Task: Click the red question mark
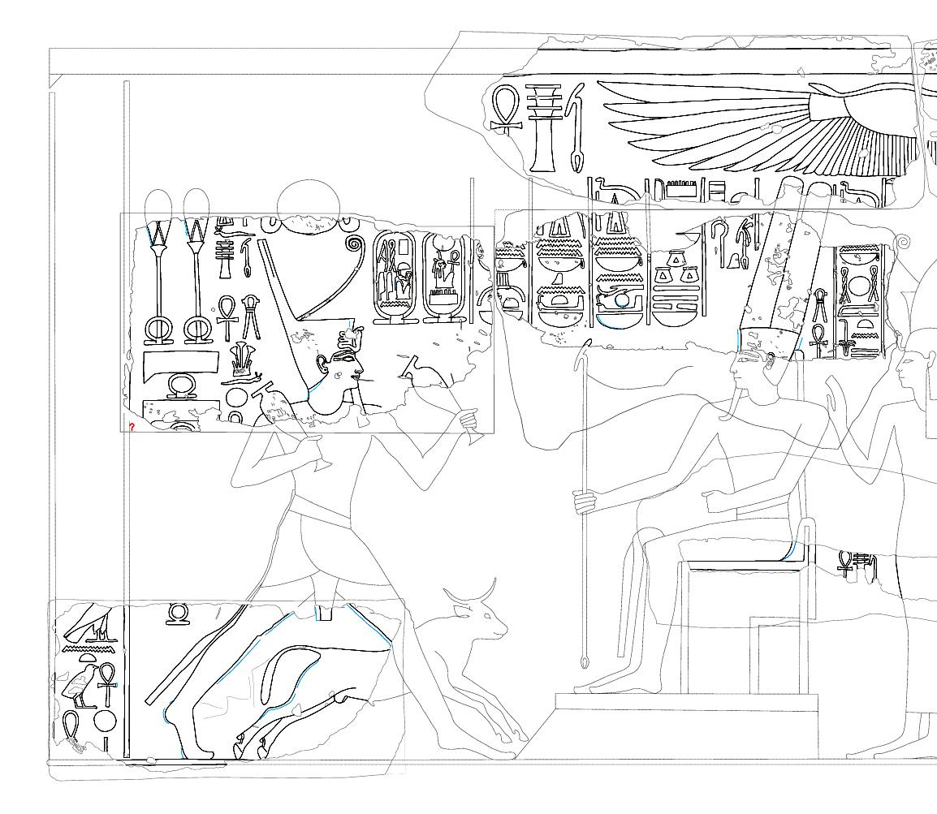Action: [x=132, y=427]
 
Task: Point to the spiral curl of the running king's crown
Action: [x=354, y=243]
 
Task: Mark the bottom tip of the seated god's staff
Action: [x=585, y=665]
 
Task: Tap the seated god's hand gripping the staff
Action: [x=584, y=501]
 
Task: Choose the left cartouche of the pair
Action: [x=393, y=278]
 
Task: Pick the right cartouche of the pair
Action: [x=443, y=278]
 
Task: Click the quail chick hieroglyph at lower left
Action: [x=79, y=686]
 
